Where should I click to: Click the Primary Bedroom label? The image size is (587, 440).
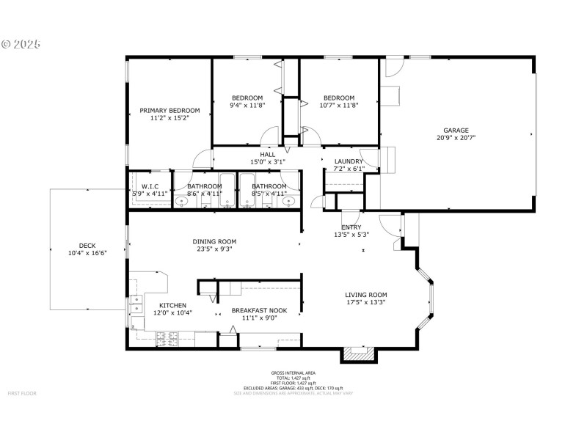click(x=169, y=111)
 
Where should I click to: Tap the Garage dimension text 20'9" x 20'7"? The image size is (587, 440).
click(x=456, y=137)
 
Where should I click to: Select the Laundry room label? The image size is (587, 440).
click(x=349, y=161)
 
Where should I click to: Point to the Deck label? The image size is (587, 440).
click(x=87, y=246)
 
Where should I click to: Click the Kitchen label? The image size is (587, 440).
click(x=172, y=305)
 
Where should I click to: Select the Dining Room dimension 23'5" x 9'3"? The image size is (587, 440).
click(x=214, y=249)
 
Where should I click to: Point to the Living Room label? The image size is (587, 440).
click(x=366, y=295)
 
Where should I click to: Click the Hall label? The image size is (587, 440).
click(x=268, y=155)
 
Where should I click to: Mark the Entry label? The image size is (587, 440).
click(x=351, y=227)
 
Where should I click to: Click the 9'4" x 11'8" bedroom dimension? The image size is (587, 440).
click(x=247, y=105)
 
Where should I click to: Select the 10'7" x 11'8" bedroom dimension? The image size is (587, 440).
click(x=339, y=105)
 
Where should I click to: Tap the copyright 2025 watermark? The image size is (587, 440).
click(x=21, y=44)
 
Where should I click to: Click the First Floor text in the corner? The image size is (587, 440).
click(x=22, y=394)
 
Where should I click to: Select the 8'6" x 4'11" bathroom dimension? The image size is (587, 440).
click(x=204, y=194)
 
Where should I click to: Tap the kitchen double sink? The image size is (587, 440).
click(x=136, y=304)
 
